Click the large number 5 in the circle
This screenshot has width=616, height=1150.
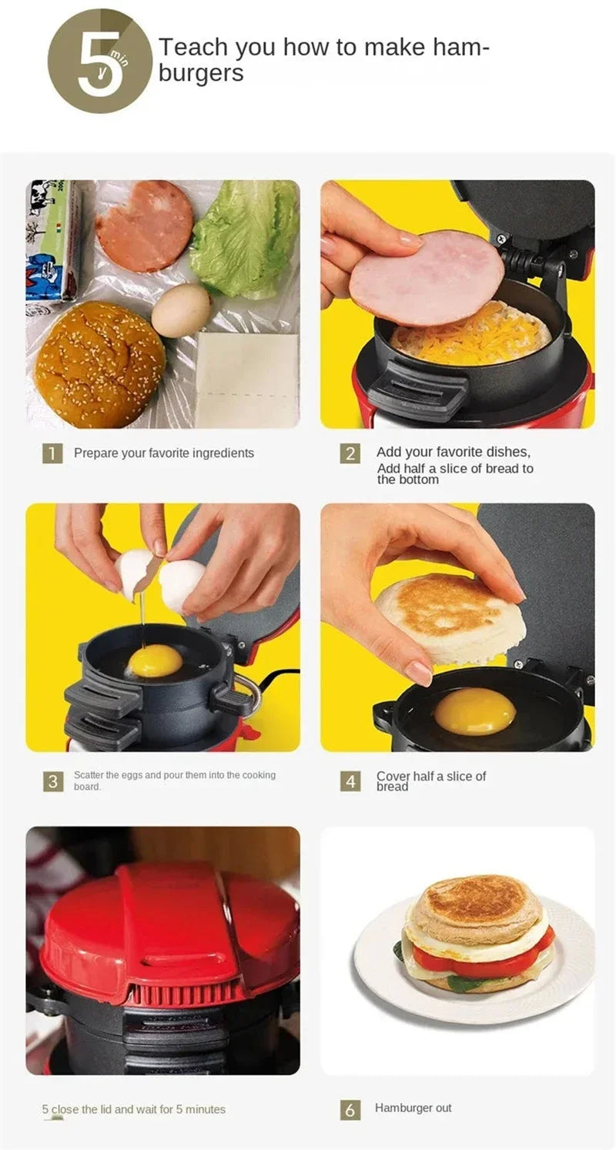pos(94,63)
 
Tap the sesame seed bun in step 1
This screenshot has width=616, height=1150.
pos(100,363)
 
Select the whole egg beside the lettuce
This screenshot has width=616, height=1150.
pos(181,309)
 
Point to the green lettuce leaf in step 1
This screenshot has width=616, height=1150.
pos(245,239)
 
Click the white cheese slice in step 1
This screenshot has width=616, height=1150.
pos(246,379)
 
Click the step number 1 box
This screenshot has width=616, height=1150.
pos(52,453)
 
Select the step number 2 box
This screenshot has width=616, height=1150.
pos(350,453)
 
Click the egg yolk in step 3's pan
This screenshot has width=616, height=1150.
pos(155,661)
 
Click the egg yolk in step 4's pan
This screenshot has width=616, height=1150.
pos(474,711)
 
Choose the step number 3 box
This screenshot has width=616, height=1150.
pos(52,781)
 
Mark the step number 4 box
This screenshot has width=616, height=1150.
pos(350,781)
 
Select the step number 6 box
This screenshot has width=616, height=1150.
pos(350,1109)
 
